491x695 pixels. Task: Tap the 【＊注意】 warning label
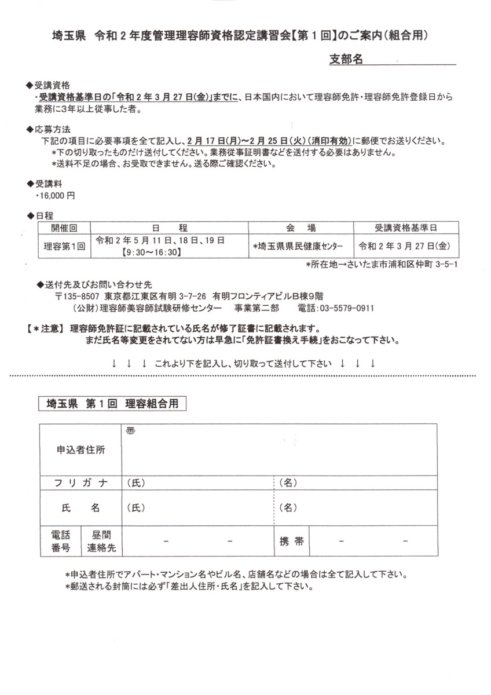tap(45, 328)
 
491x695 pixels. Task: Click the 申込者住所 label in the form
tap(80, 449)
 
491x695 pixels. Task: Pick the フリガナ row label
tap(80, 483)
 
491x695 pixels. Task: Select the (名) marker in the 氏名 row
tap(288, 508)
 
